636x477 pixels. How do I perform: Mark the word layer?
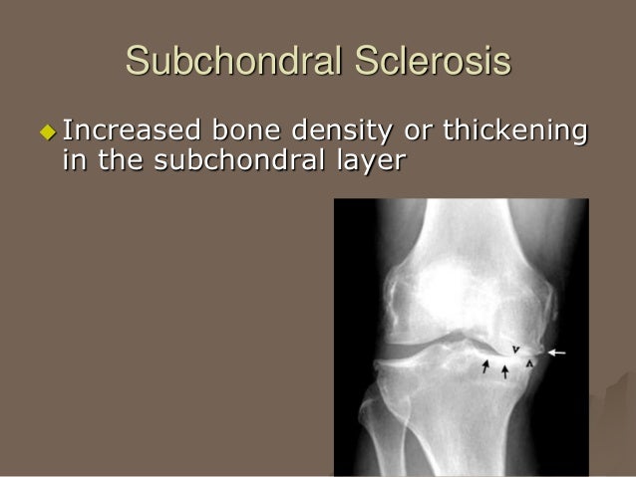372,160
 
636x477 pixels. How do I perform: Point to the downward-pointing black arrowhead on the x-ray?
514,349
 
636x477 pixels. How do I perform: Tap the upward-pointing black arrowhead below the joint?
530,364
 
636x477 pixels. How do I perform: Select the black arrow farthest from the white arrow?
486,366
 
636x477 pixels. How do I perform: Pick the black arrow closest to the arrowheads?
505,371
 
